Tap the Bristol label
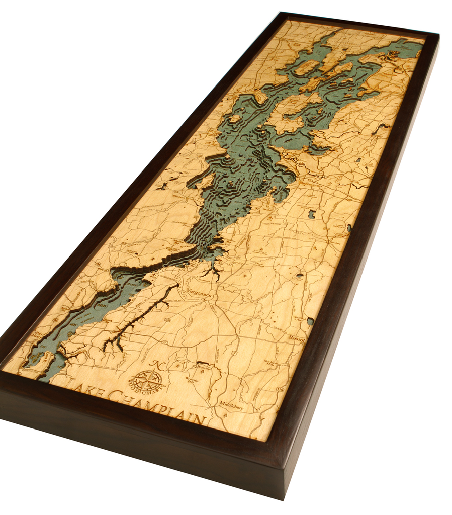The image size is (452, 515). [296, 339]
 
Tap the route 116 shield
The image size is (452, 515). [280, 389]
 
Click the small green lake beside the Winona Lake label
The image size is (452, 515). [310, 321]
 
